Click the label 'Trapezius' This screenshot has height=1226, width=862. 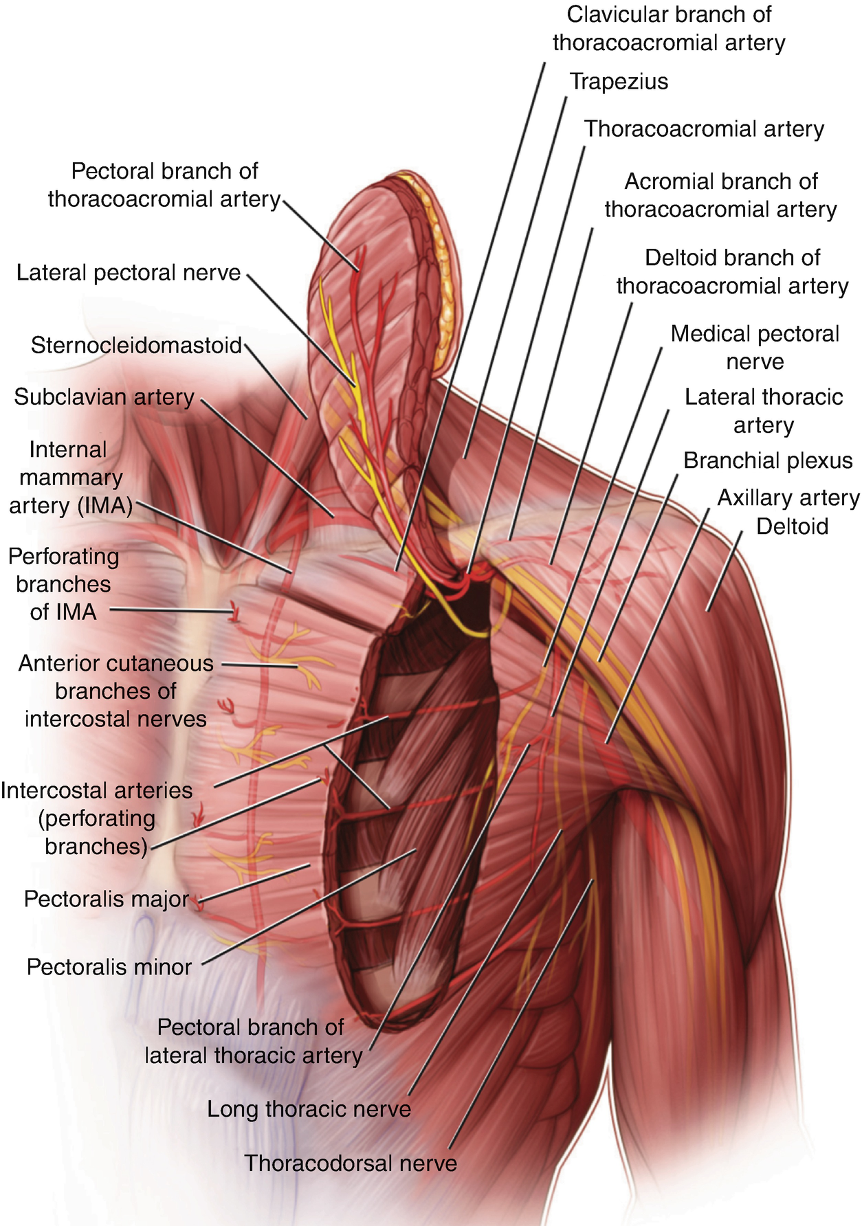[619, 82]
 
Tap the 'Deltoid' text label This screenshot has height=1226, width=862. [792, 527]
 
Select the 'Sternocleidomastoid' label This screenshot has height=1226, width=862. [136, 345]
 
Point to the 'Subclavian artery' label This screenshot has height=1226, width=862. [104, 397]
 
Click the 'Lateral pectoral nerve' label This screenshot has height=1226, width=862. [129, 273]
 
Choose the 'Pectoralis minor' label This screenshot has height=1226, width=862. [109, 968]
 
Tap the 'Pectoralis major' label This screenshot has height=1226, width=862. [107, 900]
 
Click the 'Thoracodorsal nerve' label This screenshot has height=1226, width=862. [351, 1163]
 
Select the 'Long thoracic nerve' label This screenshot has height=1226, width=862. [309, 1109]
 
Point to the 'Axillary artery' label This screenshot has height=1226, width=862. [788, 498]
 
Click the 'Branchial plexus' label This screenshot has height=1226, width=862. [768, 461]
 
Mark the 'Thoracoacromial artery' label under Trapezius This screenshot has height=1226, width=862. [704, 129]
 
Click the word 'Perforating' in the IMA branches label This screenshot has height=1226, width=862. [64, 557]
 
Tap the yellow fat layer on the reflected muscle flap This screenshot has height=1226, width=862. [445, 289]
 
